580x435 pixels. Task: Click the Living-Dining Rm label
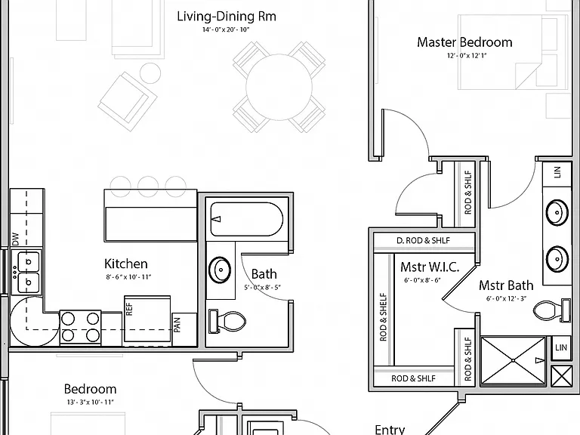click(x=227, y=17)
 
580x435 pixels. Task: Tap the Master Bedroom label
click(x=464, y=42)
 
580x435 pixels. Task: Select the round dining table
click(x=279, y=87)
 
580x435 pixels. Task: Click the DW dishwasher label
click(x=15, y=239)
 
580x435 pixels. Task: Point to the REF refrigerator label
click(x=129, y=309)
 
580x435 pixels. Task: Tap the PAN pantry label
click(x=177, y=325)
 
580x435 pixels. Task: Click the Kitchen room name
click(x=126, y=264)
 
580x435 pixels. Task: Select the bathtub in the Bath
click(x=247, y=219)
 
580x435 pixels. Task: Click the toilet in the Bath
click(x=227, y=321)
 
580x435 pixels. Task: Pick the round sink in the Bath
click(x=220, y=270)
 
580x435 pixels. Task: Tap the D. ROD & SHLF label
click(x=423, y=240)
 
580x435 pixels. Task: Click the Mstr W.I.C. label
click(x=430, y=267)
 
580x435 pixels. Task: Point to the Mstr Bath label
click(x=506, y=285)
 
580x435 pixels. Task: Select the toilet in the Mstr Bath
click(x=551, y=310)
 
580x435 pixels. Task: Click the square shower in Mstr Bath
click(x=513, y=361)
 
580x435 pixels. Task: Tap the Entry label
click(x=390, y=430)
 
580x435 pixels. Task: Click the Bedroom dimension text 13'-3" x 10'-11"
click(x=91, y=402)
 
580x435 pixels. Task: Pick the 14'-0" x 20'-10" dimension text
click(x=226, y=29)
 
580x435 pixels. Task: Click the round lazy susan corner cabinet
click(x=34, y=321)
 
